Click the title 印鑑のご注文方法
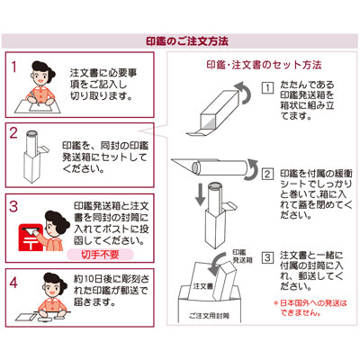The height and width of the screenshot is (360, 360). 187,41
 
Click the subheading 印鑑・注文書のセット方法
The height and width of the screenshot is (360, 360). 264,65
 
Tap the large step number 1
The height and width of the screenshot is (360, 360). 13,67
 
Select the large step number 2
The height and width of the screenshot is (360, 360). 13,133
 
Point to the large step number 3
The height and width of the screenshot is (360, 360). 13,207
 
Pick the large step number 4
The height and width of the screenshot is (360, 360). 13,283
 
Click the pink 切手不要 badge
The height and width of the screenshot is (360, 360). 100,255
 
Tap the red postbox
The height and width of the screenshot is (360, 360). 30,237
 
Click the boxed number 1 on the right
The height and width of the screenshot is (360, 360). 268,88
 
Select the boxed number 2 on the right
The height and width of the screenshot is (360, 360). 267,174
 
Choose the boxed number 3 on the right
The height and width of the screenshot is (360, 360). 268,258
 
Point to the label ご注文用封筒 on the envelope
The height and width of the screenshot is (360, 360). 210,315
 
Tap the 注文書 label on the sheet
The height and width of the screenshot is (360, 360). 203,286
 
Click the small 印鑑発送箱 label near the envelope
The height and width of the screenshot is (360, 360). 243,256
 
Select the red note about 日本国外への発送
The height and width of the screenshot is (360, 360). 310,308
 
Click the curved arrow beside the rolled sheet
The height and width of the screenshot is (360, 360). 253,170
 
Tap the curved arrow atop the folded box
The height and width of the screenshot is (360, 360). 244,93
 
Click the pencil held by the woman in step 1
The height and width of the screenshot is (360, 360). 33,98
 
